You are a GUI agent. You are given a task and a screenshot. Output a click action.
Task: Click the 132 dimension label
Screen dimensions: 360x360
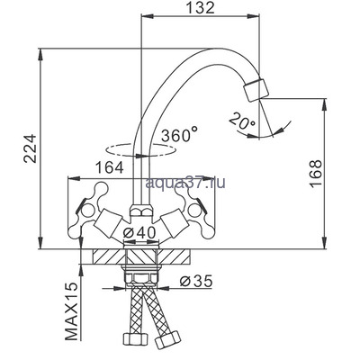[201, 8]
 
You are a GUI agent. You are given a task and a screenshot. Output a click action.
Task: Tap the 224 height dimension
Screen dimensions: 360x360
[31, 148]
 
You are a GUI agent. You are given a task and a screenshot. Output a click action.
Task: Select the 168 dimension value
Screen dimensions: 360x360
[316, 174]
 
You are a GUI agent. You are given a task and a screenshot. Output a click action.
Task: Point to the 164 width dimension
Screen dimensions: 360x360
[109, 167]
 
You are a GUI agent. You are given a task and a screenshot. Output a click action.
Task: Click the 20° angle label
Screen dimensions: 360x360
[243, 121]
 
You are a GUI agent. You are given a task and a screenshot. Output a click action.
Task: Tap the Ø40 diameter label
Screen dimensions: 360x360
[139, 232]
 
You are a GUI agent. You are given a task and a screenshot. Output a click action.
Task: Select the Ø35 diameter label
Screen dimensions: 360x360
[196, 281]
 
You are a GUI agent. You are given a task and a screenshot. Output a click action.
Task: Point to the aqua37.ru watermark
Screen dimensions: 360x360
[185, 182]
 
